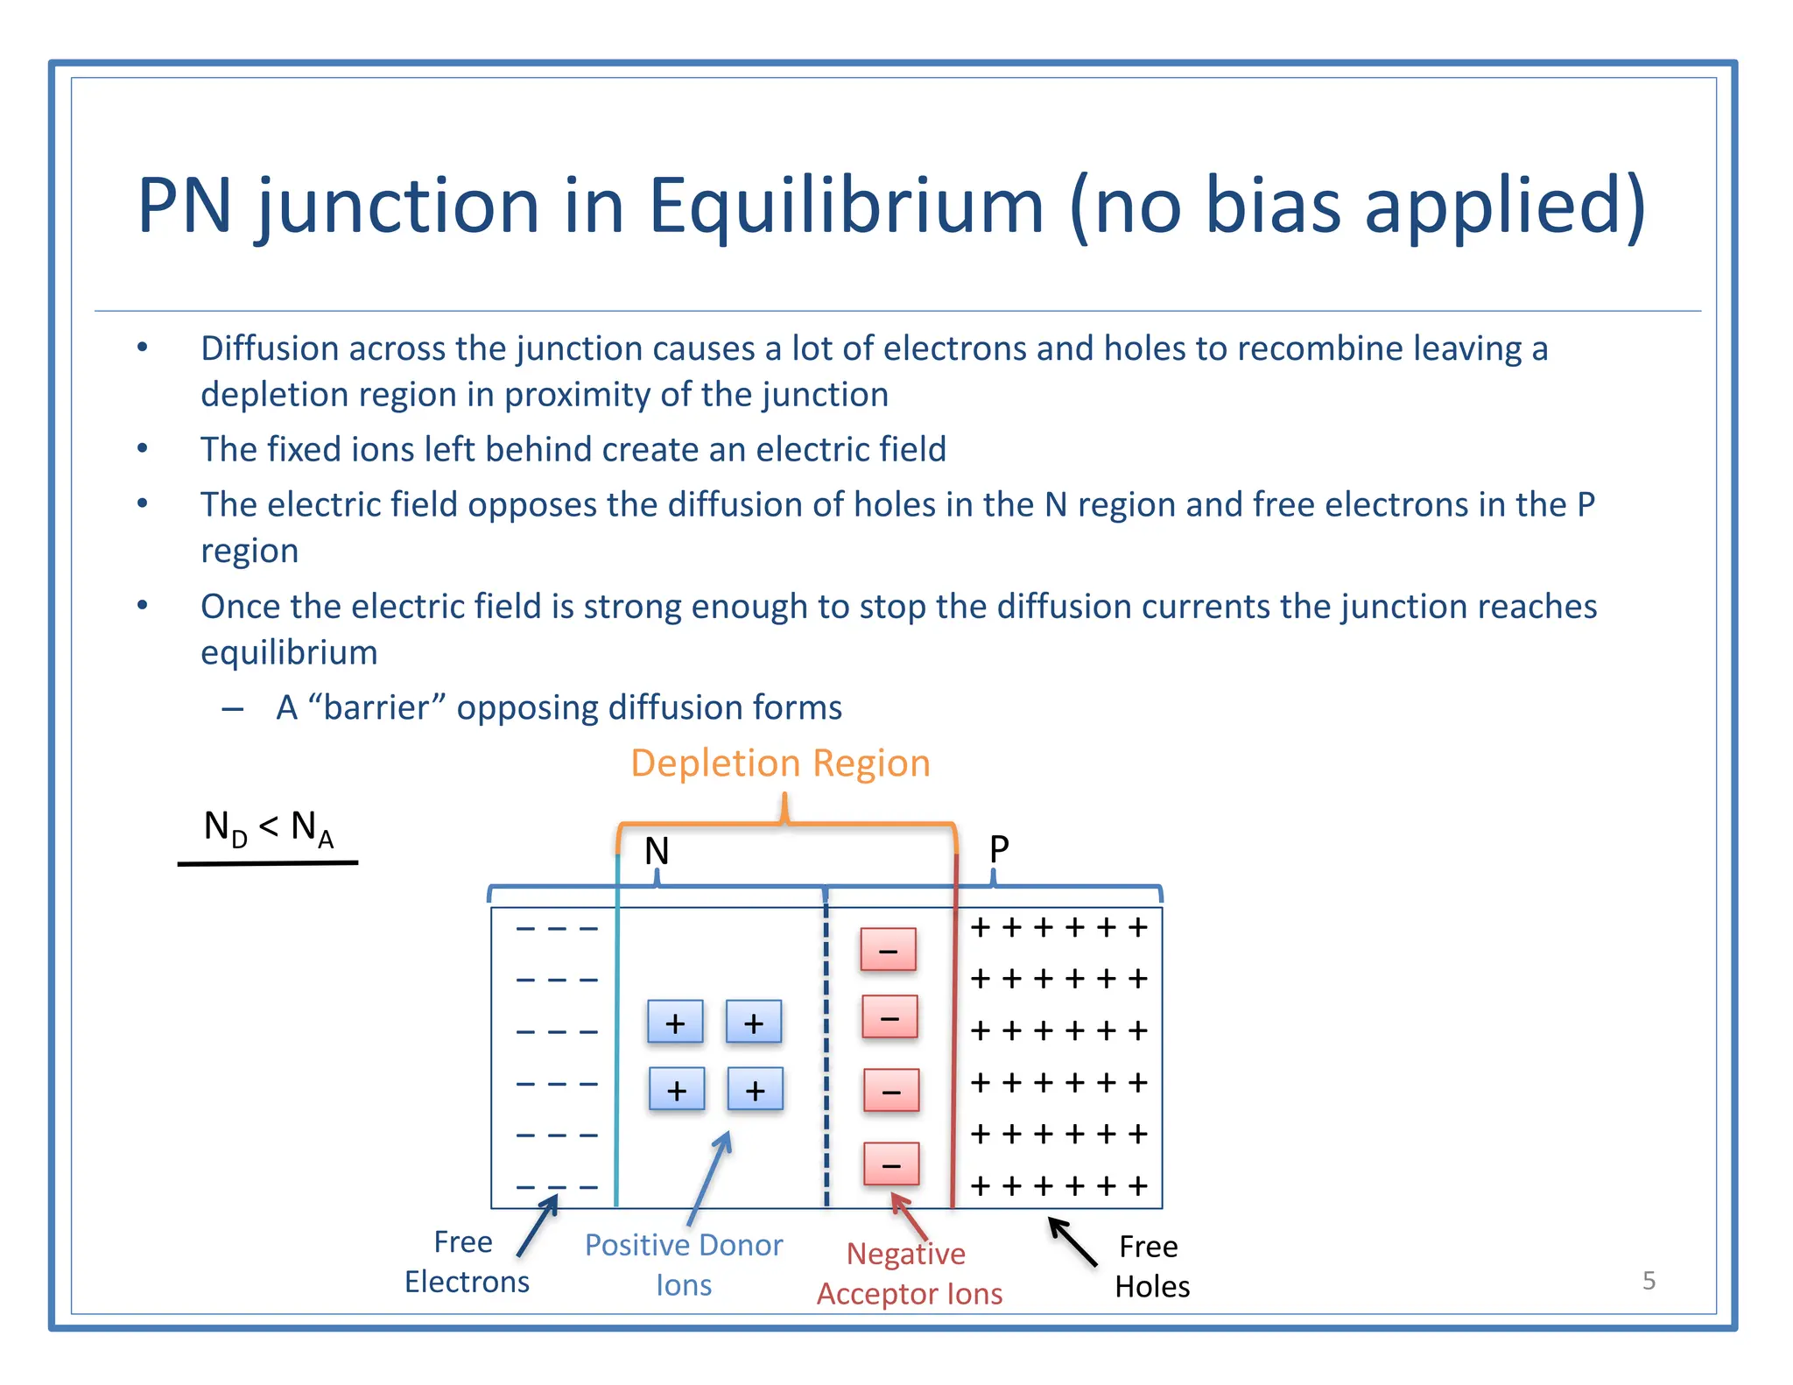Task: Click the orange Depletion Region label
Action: click(779, 763)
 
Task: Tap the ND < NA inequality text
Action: click(268, 827)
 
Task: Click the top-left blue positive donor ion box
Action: click(675, 1023)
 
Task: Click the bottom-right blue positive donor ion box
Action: click(755, 1090)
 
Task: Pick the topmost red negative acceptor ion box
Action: click(888, 950)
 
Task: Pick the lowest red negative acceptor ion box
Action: click(890, 1164)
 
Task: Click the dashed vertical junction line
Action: click(826, 1051)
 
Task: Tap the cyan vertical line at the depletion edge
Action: click(617, 1051)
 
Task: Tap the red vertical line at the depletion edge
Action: click(954, 1051)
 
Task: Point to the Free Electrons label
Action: click(466, 1262)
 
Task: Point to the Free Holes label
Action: click(1151, 1266)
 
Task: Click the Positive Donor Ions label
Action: click(684, 1264)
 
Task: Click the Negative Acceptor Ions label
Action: click(909, 1273)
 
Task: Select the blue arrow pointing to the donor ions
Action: click(710, 1178)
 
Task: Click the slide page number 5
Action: click(1649, 1281)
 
